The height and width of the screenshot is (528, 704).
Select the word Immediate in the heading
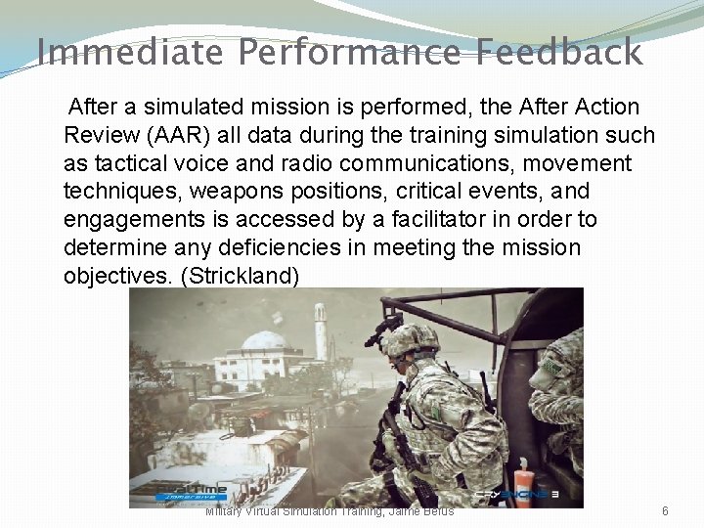click(x=129, y=51)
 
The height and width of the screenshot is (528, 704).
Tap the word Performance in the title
click(x=348, y=51)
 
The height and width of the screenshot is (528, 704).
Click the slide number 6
click(x=665, y=511)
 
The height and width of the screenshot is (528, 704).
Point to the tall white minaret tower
click(x=320, y=332)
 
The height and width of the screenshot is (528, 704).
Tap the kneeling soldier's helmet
click(x=410, y=340)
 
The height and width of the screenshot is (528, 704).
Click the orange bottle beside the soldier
click(x=522, y=483)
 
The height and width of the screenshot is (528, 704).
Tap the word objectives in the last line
click(x=118, y=276)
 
